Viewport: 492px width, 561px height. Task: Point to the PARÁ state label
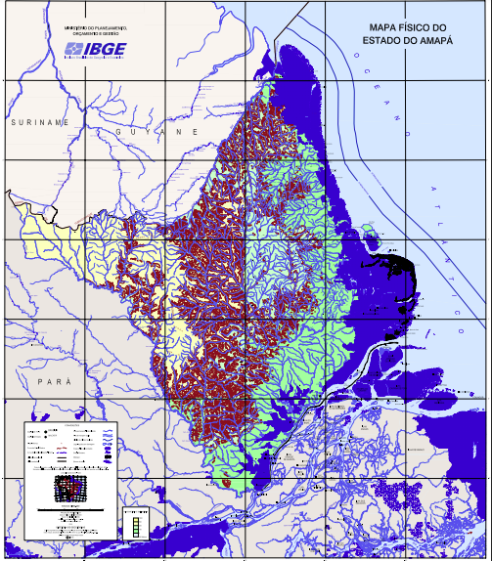click(49, 380)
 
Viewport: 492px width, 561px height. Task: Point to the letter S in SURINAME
click(13, 122)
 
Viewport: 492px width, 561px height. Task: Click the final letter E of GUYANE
click(196, 131)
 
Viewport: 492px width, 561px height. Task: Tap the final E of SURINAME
click(67, 122)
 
